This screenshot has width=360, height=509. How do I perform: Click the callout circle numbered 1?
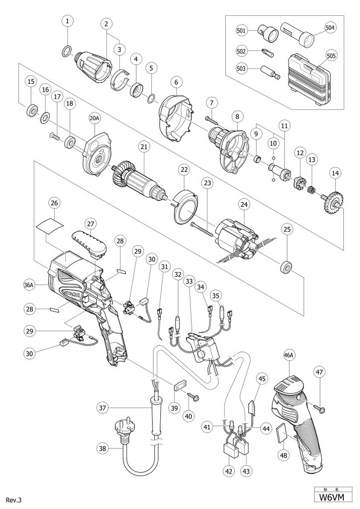[x=68, y=21]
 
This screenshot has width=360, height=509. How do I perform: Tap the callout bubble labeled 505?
[x=331, y=56]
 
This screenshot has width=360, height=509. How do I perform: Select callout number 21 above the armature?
[x=144, y=147]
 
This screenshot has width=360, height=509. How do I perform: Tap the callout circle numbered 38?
[x=102, y=448]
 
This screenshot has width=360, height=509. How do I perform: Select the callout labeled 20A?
[x=95, y=119]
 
